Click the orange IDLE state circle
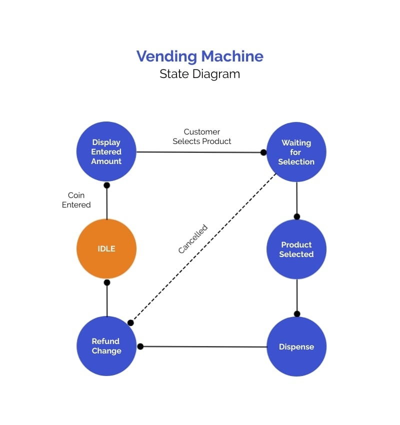[106, 248]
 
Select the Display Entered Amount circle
[106, 151]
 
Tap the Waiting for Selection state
[296, 152]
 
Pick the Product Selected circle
[296, 249]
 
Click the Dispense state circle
[296, 346]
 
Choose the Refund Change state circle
[106, 345]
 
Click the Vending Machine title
[200, 56]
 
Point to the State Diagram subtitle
[200, 74]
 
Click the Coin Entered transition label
[76, 200]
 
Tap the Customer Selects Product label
[202, 136]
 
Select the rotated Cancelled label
[192, 239]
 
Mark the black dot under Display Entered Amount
[106, 185]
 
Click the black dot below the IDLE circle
[106, 282]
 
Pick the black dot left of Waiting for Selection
[263, 152]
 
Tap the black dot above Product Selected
[296, 216]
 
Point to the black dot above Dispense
[297, 314]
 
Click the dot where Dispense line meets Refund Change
[140, 346]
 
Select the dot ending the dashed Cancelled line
[130, 323]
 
